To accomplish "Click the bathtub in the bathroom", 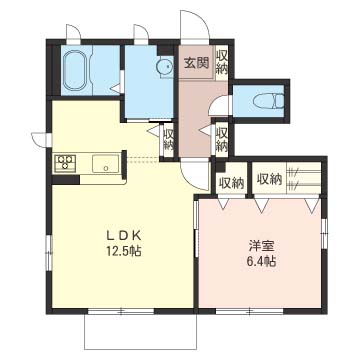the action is (77, 71).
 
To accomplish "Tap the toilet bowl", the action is (268, 101).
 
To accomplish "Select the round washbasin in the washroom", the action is (164, 67).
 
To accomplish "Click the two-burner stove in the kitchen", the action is (65, 163).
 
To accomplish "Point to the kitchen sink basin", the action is (105, 163).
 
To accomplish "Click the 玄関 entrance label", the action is (197, 62).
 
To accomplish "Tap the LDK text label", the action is (124, 235).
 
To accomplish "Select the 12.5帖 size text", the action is (124, 251).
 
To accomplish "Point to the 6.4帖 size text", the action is (261, 261).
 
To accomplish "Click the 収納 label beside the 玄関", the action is (222, 62).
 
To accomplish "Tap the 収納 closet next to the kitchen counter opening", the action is (169, 139).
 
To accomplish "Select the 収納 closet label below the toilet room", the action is (222, 139).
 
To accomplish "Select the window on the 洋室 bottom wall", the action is (250, 312).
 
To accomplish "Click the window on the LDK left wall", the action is (49, 252).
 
